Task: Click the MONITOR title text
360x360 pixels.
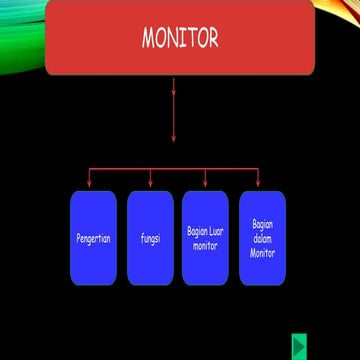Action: pyautogui.click(x=180, y=39)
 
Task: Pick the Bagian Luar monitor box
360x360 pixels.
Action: pyautogui.click(x=206, y=262)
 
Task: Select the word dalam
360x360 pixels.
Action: pyautogui.click(x=262, y=238)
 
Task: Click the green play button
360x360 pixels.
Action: pyautogui.click(x=299, y=345)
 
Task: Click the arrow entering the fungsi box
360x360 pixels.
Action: pyautogui.click(x=151, y=180)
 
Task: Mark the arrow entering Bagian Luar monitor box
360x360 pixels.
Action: pyautogui.click(x=206, y=180)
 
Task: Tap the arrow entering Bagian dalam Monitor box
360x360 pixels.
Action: pyautogui.click(x=259, y=180)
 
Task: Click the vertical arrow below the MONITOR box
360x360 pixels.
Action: pyautogui.click(x=174, y=110)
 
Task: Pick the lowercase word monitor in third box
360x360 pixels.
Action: pyautogui.click(x=205, y=244)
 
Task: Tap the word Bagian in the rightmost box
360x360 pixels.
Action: pyautogui.click(x=262, y=224)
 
